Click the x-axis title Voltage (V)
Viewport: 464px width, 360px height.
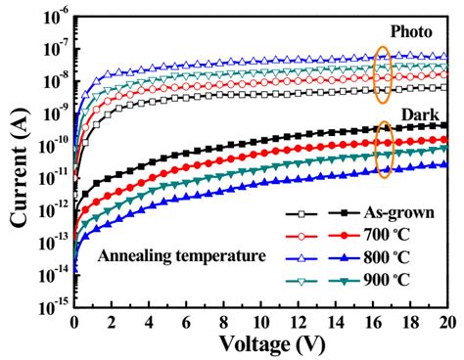(x=260, y=343)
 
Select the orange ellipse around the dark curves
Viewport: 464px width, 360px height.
(x=383, y=149)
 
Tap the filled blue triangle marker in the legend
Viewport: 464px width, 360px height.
(x=333, y=258)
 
